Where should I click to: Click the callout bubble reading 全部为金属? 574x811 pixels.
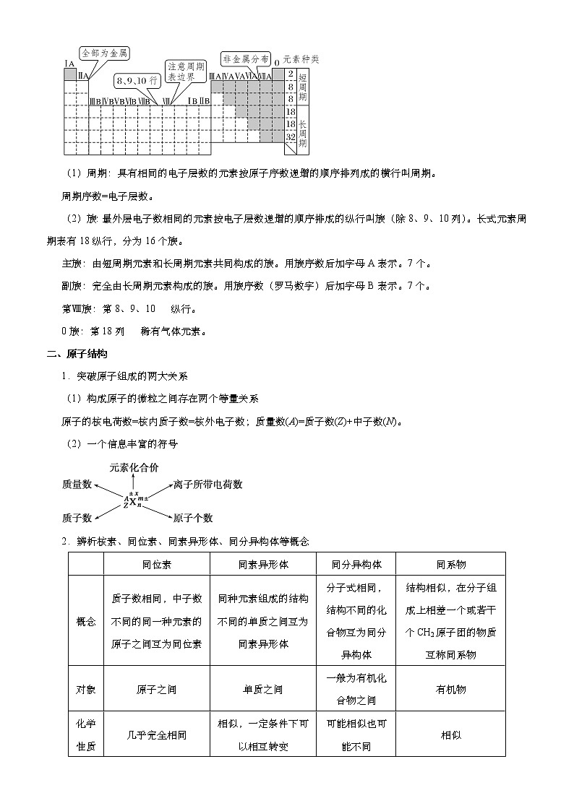(104, 53)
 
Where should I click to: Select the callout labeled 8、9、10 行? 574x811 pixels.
(136, 79)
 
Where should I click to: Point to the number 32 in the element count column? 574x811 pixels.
(290, 136)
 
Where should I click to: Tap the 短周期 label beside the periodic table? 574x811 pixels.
(303, 87)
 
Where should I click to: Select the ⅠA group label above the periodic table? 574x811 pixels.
(70, 64)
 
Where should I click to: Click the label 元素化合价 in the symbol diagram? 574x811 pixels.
(134, 467)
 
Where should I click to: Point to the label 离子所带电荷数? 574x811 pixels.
(207, 485)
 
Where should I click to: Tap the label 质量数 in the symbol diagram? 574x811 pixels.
(77, 485)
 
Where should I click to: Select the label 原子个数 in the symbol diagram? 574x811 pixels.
(193, 518)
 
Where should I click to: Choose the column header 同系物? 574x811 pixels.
(450, 564)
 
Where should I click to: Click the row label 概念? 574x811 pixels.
(86, 621)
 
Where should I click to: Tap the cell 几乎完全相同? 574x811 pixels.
(156, 735)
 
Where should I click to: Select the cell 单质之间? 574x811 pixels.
(263, 690)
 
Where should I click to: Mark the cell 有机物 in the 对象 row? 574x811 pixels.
(450, 690)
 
